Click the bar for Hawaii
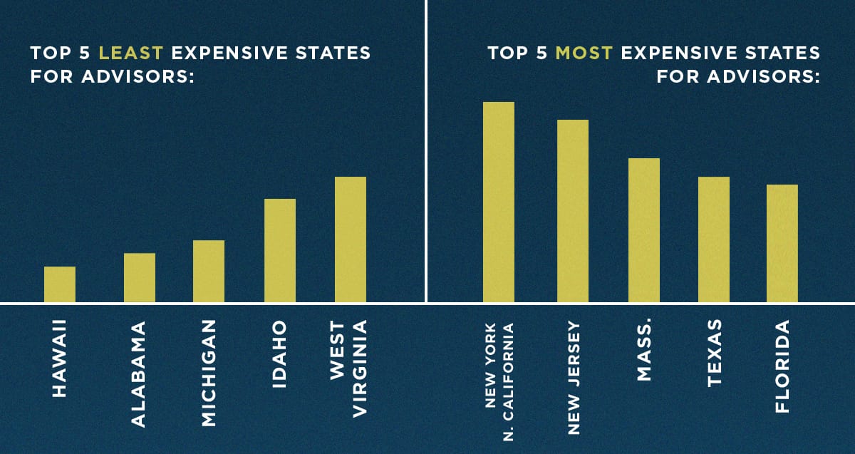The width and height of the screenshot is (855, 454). tap(60, 284)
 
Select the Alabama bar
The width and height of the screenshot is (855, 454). tap(140, 277)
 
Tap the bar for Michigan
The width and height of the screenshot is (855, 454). tap(209, 271)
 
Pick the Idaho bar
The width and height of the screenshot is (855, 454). tap(280, 250)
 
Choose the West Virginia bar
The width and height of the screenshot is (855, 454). tap(351, 239)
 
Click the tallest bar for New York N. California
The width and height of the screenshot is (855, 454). tap(499, 202)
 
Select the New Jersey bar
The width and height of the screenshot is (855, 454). tap(573, 211)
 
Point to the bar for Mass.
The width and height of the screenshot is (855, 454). tap(644, 230)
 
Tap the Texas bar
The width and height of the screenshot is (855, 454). tap(714, 239)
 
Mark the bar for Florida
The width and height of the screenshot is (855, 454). tap(782, 243)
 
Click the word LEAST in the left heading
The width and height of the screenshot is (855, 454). tap(127, 53)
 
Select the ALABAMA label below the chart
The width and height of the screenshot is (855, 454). tap(139, 374)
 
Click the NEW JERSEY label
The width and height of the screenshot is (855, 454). tap(574, 378)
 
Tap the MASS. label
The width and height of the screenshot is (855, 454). tap(644, 351)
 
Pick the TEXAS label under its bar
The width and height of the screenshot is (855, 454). tap(715, 354)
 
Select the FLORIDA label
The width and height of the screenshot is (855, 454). tap(783, 366)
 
